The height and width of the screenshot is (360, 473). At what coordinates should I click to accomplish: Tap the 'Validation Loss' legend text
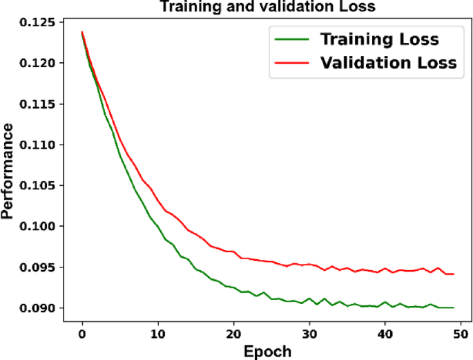[388, 63]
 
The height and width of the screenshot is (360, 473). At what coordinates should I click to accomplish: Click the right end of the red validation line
[454, 274]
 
